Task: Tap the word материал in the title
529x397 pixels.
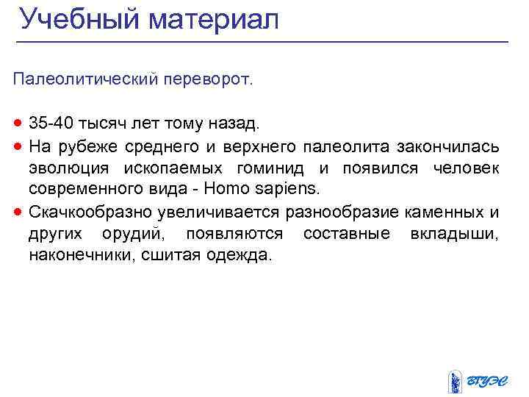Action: (213, 20)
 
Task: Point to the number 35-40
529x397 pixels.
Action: (52, 121)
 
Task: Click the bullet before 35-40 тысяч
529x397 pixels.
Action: (18, 121)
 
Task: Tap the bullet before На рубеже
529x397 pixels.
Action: (18, 146)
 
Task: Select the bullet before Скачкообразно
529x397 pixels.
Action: (18, 212)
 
